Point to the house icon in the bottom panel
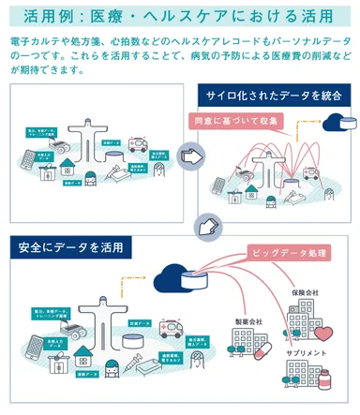point(83,358)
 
